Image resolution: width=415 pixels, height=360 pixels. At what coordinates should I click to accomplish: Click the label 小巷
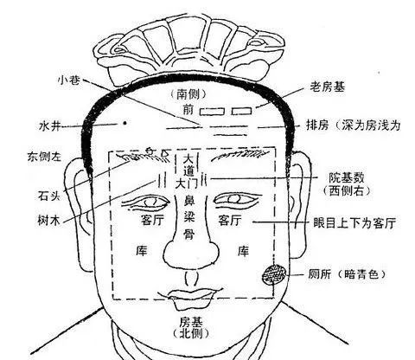(x=69, y=80)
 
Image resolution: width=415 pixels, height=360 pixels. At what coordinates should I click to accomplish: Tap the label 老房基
(x=328, y=87)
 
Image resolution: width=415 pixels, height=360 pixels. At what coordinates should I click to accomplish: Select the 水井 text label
(x=50, y=126)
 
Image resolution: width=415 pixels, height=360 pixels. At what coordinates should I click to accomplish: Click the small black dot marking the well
(x=124, y=123)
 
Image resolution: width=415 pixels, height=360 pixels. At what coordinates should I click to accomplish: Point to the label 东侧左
(x=44, y=157)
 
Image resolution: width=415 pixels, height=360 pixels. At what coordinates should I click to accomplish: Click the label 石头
(x=49, y=196)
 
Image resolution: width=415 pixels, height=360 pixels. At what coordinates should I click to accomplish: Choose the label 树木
(x=49, y=221)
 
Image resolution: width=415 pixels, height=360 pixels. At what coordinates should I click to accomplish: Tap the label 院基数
(x=347, y=178)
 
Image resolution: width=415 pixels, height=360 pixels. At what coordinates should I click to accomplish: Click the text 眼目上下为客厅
(x=354, y=223)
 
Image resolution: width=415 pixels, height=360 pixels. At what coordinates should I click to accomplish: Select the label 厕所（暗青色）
(x=347, y=274)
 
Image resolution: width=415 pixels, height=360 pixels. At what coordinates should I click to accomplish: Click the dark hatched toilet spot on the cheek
(x=274, y=275)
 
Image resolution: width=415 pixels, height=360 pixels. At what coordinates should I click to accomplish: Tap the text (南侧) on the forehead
(x=188, y=94)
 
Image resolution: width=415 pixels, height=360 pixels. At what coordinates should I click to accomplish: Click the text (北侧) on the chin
(x=190, y=334)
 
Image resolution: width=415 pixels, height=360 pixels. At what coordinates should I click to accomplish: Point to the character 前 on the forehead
(x=188, y=110)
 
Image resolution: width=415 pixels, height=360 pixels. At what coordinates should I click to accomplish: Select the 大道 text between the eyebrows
(x=188, y=165)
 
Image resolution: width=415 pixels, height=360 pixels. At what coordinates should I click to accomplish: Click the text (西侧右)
(x=347, y=190)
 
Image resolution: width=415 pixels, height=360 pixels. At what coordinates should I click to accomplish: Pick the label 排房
(x=317, y=125)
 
